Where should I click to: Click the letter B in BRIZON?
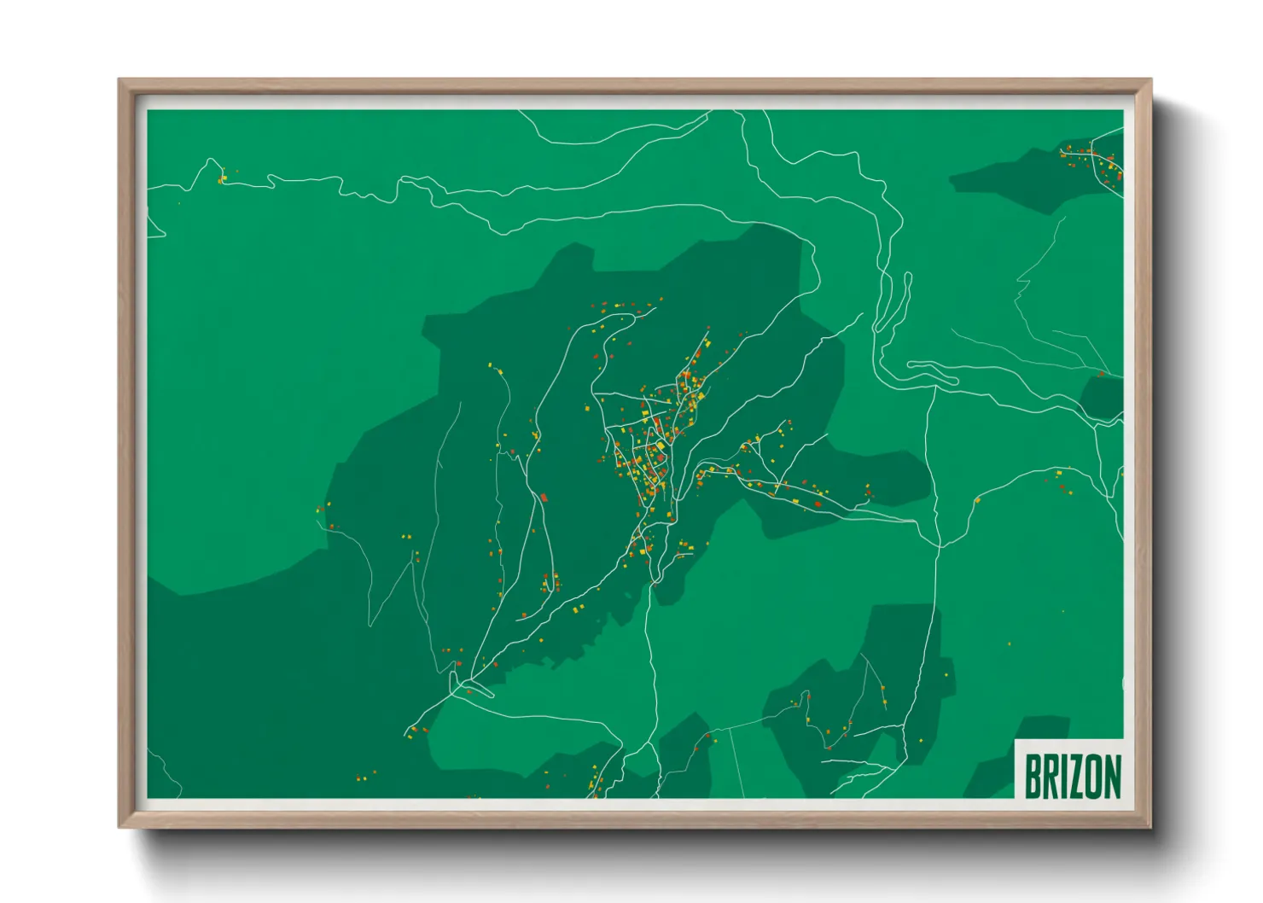[x=1033, y=776]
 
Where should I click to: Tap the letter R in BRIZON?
[x=1051, y=776]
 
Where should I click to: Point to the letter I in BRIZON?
[x=1065, y=776]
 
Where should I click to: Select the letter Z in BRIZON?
[x=1077, y=776]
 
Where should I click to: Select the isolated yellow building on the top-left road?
[x=221, y=179]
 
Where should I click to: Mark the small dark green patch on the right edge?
[x=1103, y=397]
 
